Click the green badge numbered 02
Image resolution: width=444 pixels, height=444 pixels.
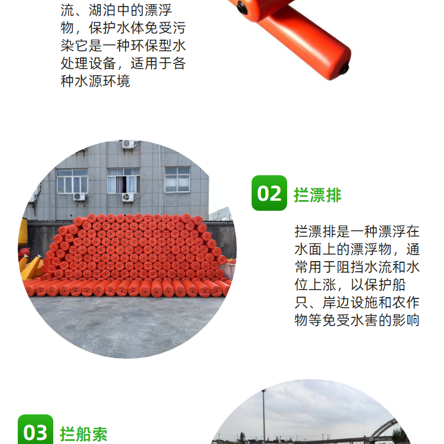click(x=269, y=193)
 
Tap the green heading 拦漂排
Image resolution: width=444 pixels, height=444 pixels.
click(x=317, y=195)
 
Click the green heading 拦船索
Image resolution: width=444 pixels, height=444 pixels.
click(x=83, y=435)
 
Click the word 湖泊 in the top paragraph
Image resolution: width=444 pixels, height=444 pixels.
click(x=102, y=11)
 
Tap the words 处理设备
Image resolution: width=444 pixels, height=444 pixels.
click(x=88, y=63)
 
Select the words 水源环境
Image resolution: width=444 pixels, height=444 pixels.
click(x=102, y=81)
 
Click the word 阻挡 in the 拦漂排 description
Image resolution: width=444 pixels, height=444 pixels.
click(x=350, y=267)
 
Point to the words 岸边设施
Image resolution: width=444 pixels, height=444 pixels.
click(x=350, y=303)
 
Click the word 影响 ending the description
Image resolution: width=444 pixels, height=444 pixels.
click(x=406, y=320)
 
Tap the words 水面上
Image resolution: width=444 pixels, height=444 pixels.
click(x=315, y=249)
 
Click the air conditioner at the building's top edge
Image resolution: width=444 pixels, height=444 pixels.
click(x=128, y=144)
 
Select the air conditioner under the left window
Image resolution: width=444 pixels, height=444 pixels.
click(x=79, y=196)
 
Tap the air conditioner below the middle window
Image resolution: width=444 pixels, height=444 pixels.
click(x=128, y=197)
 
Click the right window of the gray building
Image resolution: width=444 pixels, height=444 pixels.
click(x=177, y=179)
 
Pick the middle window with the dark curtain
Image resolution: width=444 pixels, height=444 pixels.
click(x=124, y=181)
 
